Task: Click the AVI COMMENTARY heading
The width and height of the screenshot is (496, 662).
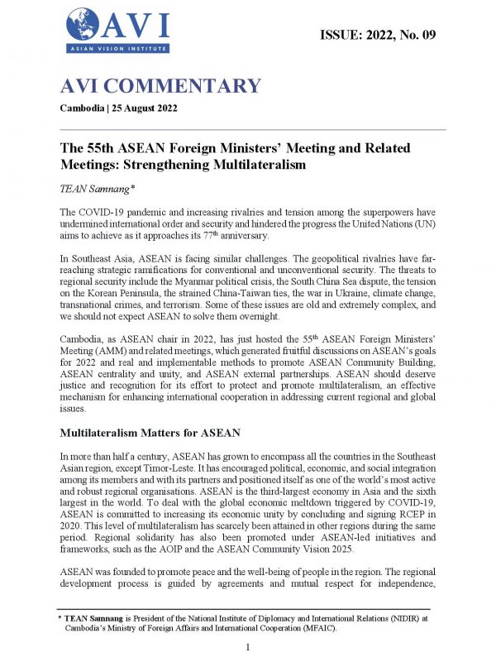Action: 160,86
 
